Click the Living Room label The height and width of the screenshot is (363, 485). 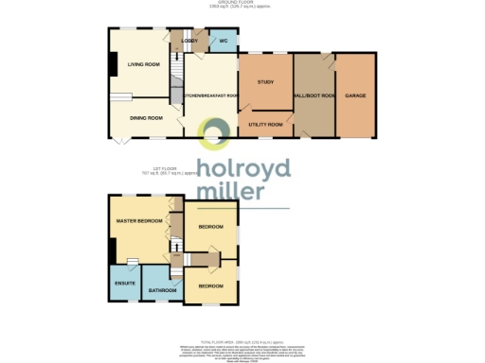(x=144, y=64)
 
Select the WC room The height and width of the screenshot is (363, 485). (x=224, y=42)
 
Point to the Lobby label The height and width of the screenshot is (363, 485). (x=189, y=41)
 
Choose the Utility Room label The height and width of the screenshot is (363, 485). (x=265, y=124)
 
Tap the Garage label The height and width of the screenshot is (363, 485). (x=355, y=95)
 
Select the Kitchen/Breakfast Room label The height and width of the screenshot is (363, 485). (x=210, y=95)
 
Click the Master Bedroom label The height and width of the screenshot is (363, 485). (x=135, y=220)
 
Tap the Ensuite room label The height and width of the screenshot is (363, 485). (x=124, y=283)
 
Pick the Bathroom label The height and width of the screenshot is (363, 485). (x=158, y=290)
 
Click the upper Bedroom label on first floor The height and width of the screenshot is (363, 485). (x=210, y=227)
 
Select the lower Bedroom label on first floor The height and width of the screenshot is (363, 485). (x=210, y=285)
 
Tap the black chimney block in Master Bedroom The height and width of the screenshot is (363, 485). (x=113, y=251)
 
